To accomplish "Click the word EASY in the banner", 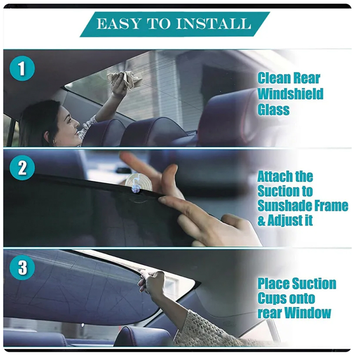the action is (x=118, y=24).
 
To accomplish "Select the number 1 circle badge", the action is (x=22, y=69).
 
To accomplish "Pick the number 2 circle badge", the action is (x=22, y=168).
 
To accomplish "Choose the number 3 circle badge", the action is (x=22, y=267).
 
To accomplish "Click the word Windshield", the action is (x=291, y=94).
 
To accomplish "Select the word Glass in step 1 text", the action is (x=274, y=109).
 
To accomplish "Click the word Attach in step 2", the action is (x=272, y=176).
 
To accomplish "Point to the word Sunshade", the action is (x=284, y=206).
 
